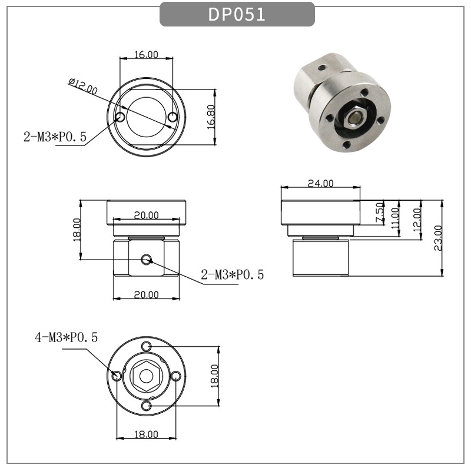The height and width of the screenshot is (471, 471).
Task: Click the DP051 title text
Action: (237, 15)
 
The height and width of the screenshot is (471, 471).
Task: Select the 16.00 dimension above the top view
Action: (146, 55)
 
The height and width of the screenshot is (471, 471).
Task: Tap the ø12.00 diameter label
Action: (82, 87)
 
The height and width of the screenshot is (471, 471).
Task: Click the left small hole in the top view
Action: (120, 117)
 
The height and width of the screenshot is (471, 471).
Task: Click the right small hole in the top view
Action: (172, 118)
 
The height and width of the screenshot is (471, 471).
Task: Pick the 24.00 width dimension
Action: (320, 183)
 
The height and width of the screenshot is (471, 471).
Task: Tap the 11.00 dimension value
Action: (394, 217)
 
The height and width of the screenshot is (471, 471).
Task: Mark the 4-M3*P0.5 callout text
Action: (66, 337)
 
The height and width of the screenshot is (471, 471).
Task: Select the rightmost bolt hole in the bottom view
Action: (175, 375)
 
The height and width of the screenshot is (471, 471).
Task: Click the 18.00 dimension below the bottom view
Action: (146, 434)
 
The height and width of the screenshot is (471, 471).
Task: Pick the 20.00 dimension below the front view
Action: (146, 294)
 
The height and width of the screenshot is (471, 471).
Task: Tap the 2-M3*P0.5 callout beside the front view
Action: (233, 274)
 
